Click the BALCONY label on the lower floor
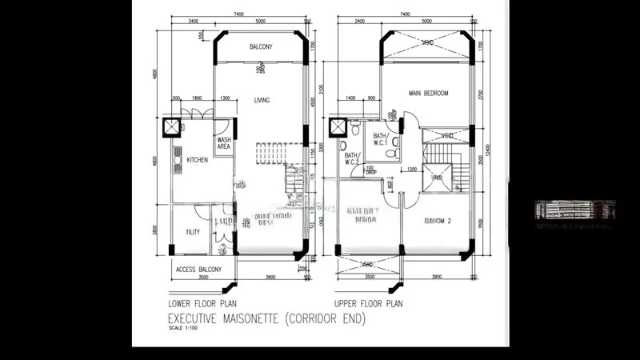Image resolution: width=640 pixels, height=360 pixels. click(x=261, y=47)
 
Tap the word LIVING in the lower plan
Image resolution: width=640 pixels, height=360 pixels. click(x=262, y=100)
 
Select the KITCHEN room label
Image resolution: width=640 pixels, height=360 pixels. click(x=198, y=160)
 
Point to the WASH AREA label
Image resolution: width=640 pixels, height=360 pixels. click(x=224, y=143)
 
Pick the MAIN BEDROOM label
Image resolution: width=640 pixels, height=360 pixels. click(x=428, y=93)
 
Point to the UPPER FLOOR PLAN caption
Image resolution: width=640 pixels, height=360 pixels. click(x=369, y=304)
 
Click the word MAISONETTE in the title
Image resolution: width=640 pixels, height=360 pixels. click(x=255, y=318)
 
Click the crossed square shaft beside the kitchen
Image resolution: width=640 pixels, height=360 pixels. click(x=172, y=127)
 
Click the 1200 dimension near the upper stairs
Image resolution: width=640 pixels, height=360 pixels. click(x=410, y=170)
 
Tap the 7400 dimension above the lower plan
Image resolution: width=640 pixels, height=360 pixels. click(x=238, y=14)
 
